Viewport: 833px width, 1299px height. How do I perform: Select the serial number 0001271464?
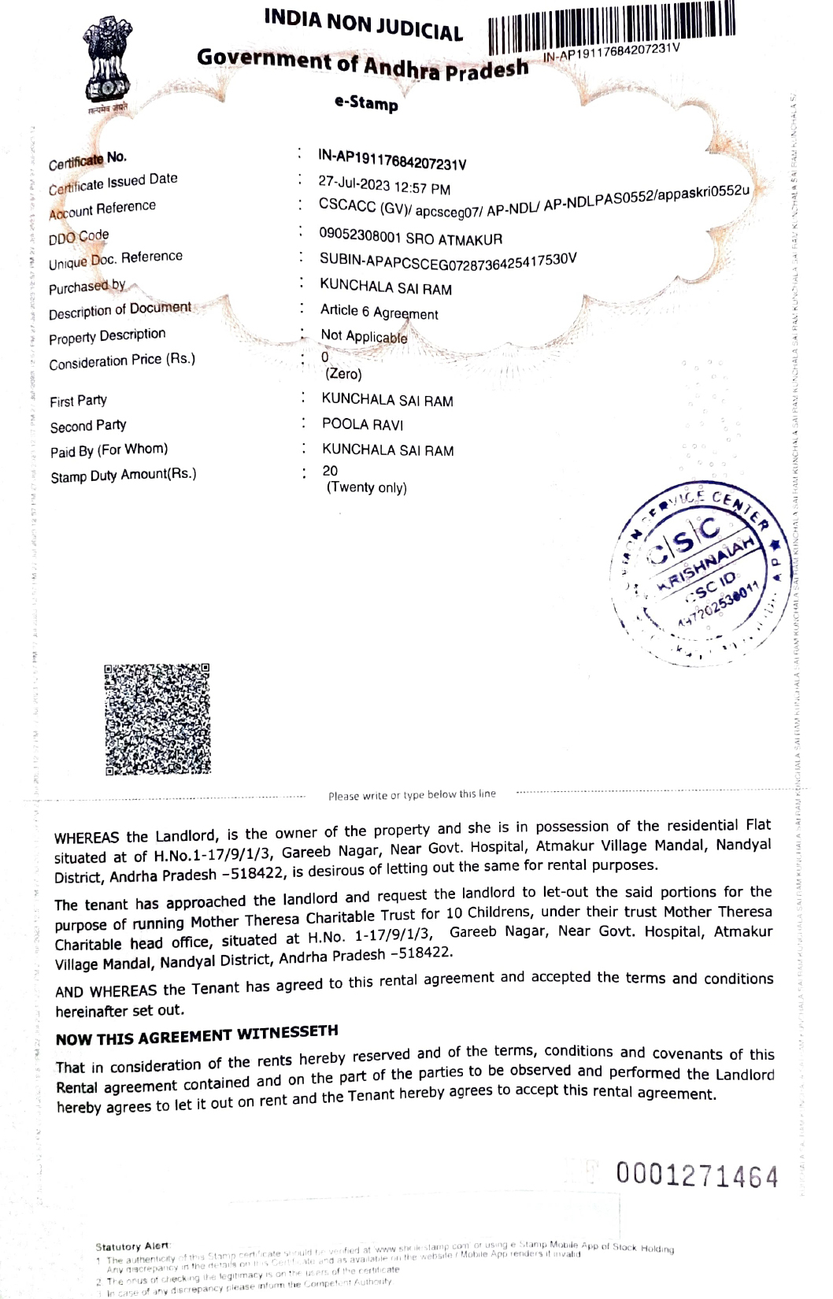coord(697,1176)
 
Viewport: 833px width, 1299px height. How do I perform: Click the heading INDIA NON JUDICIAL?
coord(363,24)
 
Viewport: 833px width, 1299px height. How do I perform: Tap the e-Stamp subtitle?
coord(366,103)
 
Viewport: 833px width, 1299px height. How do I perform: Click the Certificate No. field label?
coord(87,161)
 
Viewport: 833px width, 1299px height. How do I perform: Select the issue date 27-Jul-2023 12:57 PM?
coord(384,186)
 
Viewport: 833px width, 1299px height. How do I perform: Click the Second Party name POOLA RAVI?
coord(362,425)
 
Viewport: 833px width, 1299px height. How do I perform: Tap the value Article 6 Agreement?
coord(379,313)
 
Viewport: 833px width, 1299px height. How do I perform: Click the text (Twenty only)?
coord(367,488)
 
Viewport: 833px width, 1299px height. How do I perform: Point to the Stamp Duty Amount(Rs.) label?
coord(123,476)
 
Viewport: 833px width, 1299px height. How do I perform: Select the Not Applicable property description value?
coord(364,337)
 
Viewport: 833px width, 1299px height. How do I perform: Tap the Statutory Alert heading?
coord(131,1246)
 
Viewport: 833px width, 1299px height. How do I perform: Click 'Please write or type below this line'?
coord(412,795)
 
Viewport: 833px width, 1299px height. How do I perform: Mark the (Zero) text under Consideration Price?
coord(344,375)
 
